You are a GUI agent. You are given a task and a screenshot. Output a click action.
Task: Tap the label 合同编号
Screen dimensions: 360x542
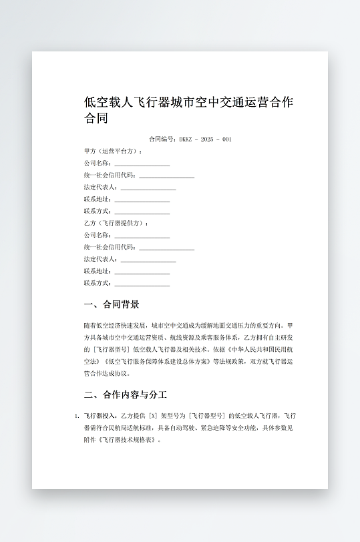click(162, 140)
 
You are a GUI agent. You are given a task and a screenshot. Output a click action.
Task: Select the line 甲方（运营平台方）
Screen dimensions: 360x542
click(113, 152)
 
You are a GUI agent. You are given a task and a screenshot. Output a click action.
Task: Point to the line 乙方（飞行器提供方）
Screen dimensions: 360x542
click(116, 223)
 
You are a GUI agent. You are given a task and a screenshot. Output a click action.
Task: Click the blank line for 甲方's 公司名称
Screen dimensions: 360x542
click(142, 164)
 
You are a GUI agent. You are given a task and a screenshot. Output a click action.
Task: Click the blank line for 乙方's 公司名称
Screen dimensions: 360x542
click(142, 236)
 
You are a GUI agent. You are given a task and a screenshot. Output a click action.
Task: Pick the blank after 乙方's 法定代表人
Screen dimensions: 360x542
click(148, 260)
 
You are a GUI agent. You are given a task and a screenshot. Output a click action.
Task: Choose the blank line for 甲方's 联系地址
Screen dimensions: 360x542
click(142, 200)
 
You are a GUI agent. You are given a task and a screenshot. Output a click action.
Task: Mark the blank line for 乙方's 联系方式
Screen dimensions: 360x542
click(142, 284)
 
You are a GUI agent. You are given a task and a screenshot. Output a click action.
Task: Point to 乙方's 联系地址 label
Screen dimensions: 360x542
click(98, 272)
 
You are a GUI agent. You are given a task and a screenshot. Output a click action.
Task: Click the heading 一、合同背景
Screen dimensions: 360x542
click(112, 305)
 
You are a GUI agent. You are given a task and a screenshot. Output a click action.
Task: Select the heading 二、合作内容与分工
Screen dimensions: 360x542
click(126, 394)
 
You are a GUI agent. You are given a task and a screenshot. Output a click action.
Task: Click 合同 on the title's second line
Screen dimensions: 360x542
click(96, 119)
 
